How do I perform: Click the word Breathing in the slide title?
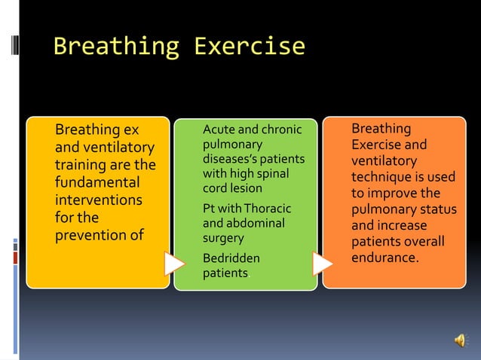(115, 47)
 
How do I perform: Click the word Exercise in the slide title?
(249, 47)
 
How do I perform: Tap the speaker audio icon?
(460, 341)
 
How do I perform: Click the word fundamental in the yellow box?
(97, 183)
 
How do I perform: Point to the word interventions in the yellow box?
(98, 200)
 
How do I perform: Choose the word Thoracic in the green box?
(268, 209)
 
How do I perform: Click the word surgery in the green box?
(223, 238)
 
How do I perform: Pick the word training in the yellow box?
(81, 165)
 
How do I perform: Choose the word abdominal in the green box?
(256, 223)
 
